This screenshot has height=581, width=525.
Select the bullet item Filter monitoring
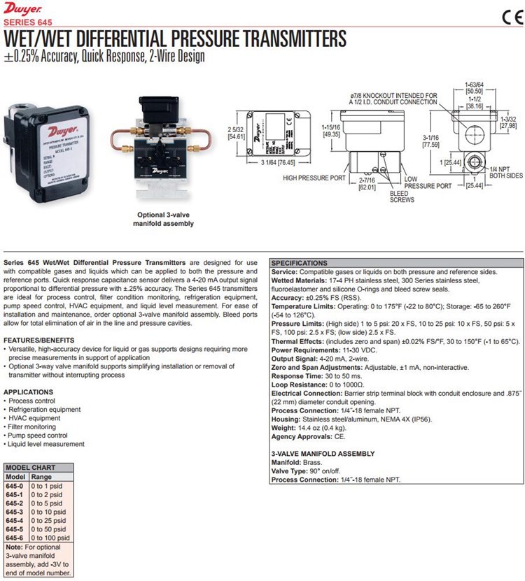tap(31, 426)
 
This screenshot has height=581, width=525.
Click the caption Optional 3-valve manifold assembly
tap(163, 220)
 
